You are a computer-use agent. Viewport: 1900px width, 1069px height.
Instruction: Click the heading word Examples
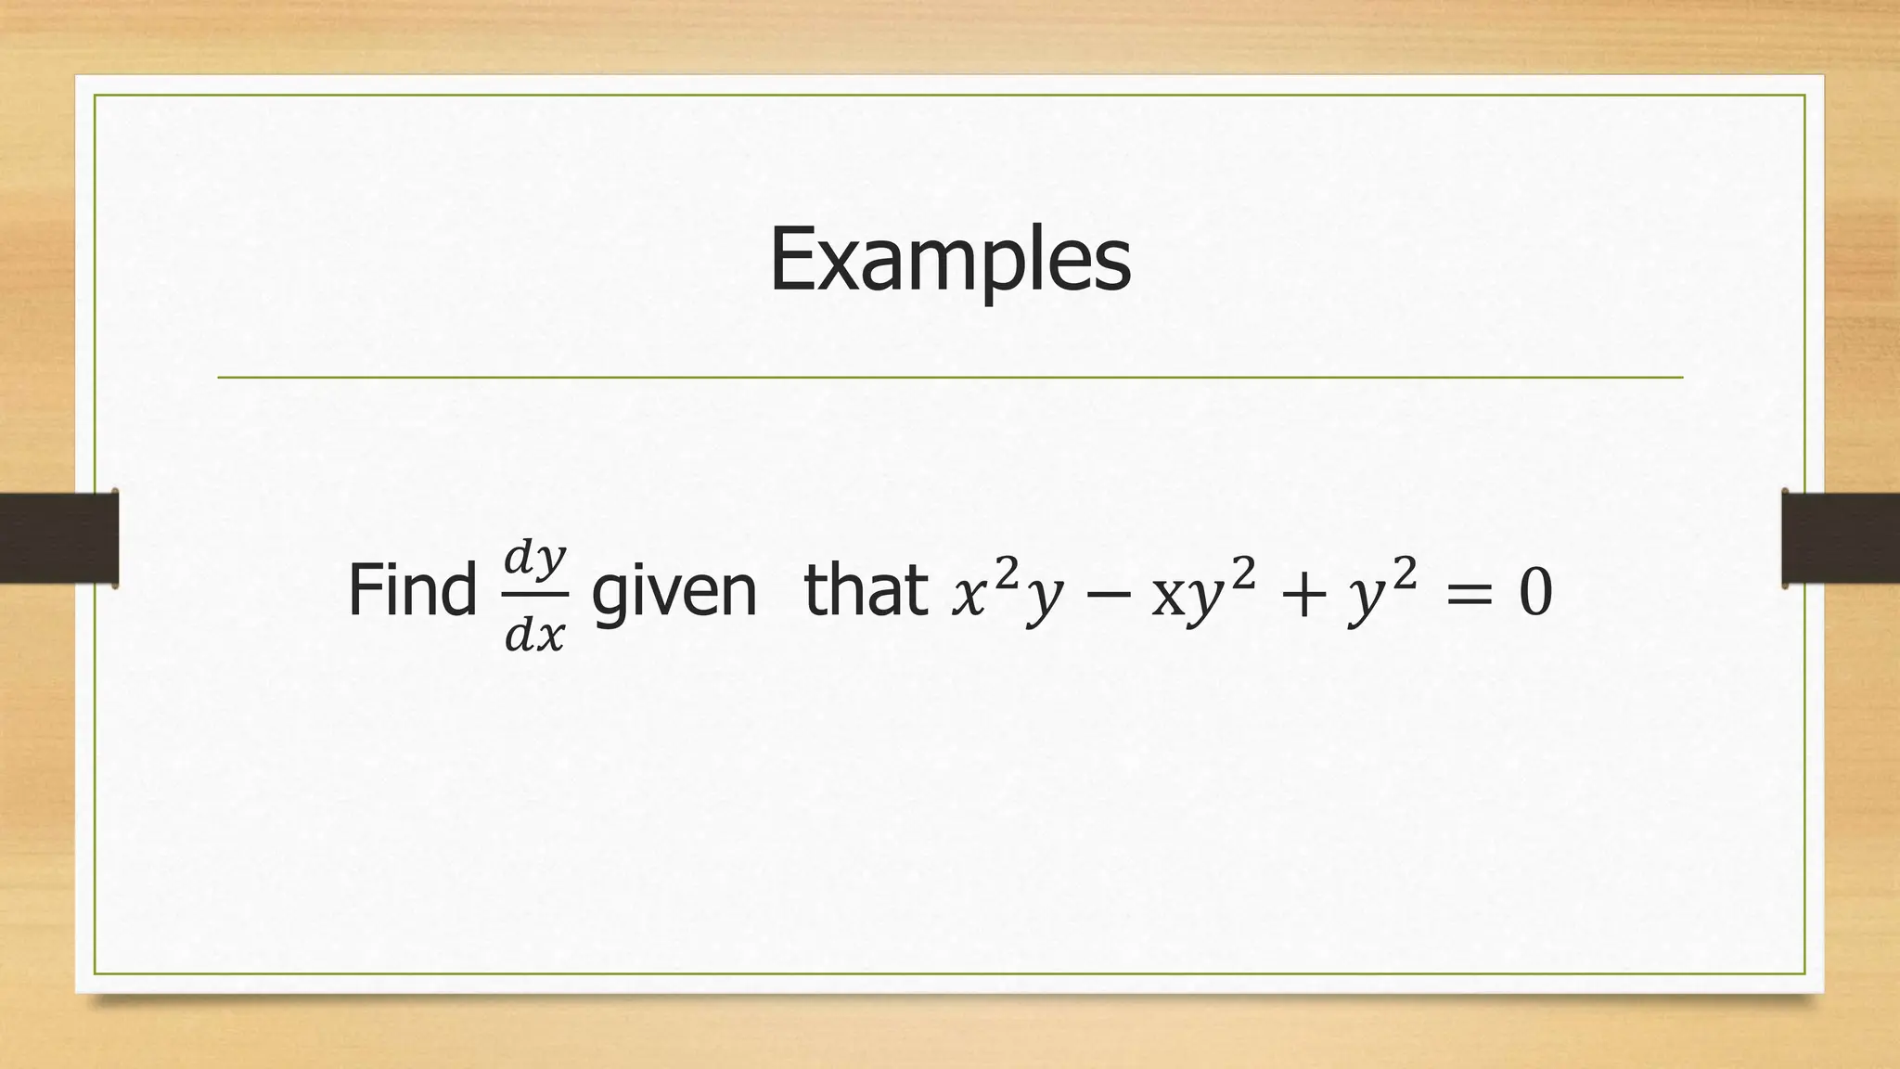[950, 260]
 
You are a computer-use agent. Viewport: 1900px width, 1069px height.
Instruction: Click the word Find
[412, 591]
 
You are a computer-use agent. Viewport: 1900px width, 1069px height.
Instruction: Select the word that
[866, 591]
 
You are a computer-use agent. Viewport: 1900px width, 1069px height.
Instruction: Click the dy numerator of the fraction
[535, 559]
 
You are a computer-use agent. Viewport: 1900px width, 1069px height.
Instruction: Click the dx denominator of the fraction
[535, 636]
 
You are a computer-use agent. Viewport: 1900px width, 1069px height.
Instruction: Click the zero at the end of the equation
[1535, 595]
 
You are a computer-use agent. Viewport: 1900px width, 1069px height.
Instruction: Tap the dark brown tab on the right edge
[1841, 538]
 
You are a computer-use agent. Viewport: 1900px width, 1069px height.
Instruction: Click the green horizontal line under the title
[950, 378]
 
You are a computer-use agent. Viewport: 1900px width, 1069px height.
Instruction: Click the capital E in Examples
[790, 260]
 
